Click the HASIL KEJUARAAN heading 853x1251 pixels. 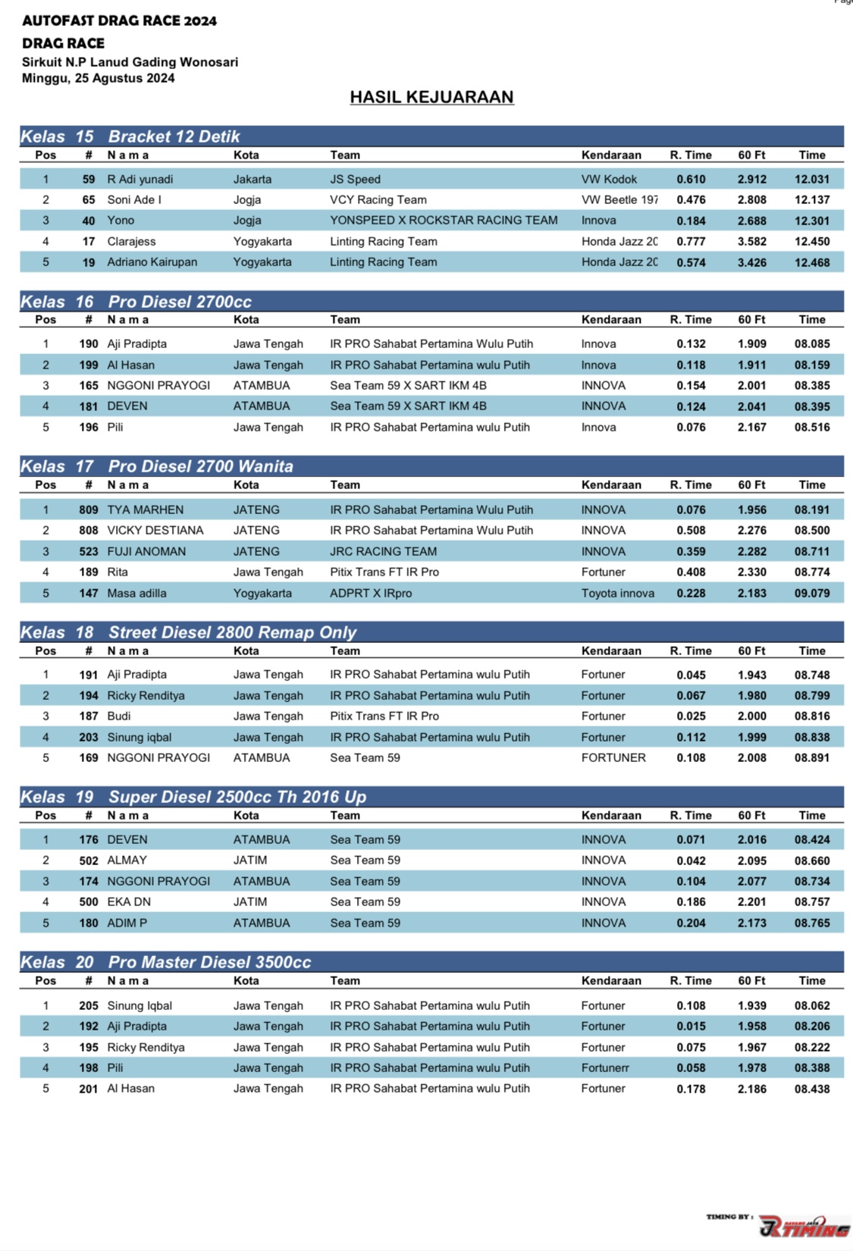[431, 97]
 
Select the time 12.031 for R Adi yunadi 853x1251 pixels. [811, 180]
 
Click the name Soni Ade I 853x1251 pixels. [134, 200]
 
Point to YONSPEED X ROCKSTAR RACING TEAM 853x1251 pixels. [444, 221]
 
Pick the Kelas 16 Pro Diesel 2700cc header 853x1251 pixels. [180, 302]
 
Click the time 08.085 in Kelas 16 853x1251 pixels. [811, 344]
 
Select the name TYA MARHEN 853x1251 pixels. [145, 510]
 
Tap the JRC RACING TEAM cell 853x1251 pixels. [383, 552]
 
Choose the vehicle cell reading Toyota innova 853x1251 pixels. [617, 594]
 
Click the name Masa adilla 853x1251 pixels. [136, 594]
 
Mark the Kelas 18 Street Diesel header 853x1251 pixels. [232, 632]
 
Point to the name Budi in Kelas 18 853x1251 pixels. [119, 716]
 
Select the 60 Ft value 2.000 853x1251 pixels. [751, 716]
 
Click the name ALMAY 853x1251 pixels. [127, 861]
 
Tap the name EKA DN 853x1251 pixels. [129, 902]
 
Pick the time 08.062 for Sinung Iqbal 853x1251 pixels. [811, 1006]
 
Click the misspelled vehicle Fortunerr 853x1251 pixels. [605, 1068]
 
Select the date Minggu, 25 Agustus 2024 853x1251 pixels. [99, 78]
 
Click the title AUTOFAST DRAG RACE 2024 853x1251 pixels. [119, 20]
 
